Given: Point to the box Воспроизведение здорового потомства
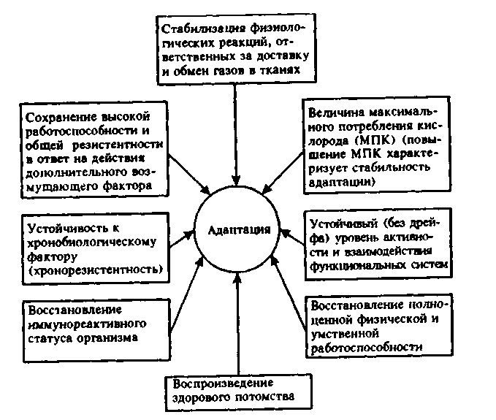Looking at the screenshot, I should tap(234, 390).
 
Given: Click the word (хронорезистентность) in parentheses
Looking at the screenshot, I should tap(93, 271).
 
